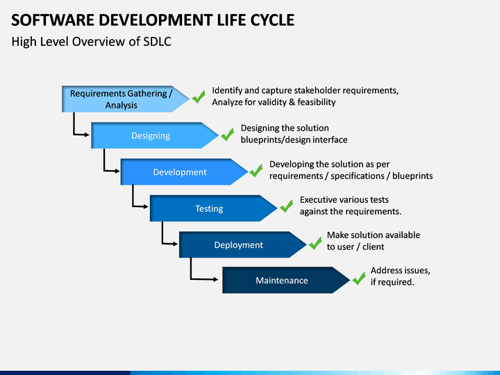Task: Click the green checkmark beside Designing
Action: pyautogui.click(x=227, y=134)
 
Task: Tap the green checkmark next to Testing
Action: pyautogui.click(x=286, y=206)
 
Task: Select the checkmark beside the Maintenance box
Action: pyautogui.click(x=359, y=278)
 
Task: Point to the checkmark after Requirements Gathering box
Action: pyautogui.click(x=199, y=97)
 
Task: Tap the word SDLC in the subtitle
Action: pyautogui.click(x=157, y=42)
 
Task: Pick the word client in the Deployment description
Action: pyautogui.click(x=374, y=247)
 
